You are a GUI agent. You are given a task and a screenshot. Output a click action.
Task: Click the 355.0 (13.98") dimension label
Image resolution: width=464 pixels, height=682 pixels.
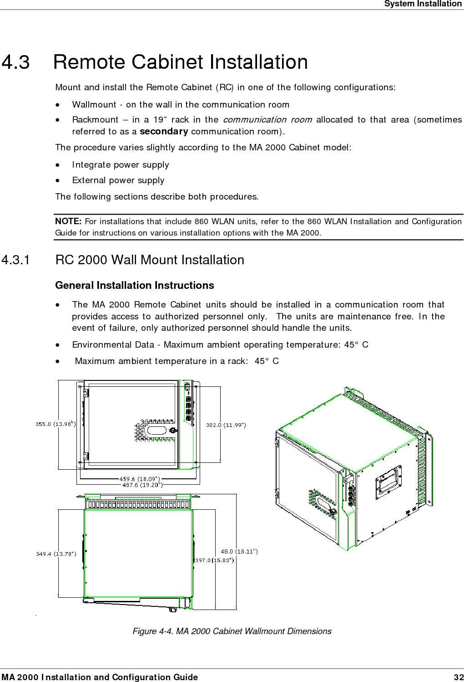[x=55, y=424]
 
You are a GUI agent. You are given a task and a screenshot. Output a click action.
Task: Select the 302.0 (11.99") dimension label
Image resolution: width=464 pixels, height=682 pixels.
[x=226, y=425]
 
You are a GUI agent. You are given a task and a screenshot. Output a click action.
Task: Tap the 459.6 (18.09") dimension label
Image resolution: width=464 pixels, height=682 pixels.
[x=140, y=479]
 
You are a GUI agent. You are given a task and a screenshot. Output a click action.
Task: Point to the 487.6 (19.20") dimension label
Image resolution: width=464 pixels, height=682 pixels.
[x=142, y=485]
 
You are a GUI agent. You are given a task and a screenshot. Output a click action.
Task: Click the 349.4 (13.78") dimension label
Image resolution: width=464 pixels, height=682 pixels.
[x=56, y=554]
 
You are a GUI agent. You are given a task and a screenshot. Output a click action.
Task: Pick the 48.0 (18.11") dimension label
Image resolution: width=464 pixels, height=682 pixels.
[x=239, y=551]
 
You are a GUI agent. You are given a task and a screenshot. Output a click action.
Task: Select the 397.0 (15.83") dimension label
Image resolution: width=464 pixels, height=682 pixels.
[x=215, y=560]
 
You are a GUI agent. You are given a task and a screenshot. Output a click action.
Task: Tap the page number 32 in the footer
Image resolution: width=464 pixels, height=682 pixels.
[x=458, y=677]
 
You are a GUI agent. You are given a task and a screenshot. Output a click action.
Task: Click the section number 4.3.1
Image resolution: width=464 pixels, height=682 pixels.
[x=16, y=260]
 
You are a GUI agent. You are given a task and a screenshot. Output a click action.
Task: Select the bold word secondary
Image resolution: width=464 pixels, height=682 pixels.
[x=164, y=132]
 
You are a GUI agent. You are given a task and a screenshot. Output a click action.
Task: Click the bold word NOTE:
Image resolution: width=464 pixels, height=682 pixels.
[x=68, y=221]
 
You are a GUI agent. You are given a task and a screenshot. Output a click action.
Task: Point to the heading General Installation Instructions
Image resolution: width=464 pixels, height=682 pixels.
[x=134, y=286]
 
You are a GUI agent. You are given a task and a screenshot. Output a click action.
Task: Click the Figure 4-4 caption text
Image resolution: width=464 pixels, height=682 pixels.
[x=232, y=631]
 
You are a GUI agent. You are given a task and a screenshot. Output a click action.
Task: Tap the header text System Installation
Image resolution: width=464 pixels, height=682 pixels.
[x=423, y=4]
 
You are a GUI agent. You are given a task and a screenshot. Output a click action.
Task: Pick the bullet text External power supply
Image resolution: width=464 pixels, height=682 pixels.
[x=118, y=180]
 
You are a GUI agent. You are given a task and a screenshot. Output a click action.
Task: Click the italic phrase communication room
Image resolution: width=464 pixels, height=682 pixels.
[x=267, y=120]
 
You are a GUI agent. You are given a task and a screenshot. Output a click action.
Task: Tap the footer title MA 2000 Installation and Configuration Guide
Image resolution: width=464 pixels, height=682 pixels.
[x=99, y=677]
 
